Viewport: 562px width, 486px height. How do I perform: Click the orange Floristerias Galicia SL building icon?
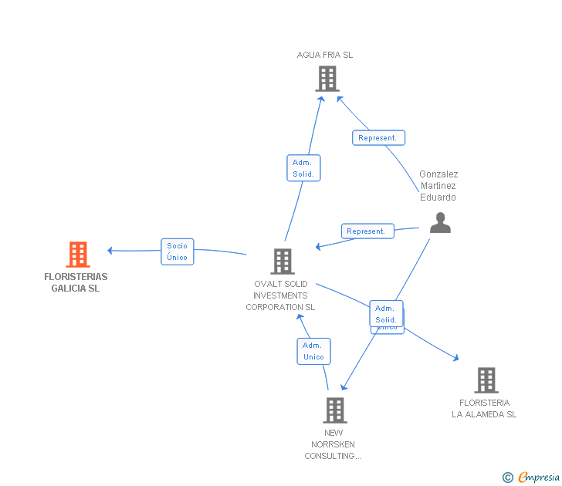(x=78, y=255)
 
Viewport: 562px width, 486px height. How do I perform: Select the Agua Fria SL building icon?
(x=327, y=79)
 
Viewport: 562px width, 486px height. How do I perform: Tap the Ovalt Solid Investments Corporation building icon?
(x=283, y=262)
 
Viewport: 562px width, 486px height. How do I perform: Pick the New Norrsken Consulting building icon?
(x=335, y=410)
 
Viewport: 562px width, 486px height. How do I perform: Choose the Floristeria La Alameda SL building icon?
(x=486, y=380)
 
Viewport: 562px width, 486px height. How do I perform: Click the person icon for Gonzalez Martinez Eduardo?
(x=440, y=223)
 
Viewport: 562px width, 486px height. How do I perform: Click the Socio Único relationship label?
(x=177, y=251)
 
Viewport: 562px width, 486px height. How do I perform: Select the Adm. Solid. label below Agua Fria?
(x=303, y=168)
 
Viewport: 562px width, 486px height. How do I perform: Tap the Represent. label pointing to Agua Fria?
(x=378, y=138)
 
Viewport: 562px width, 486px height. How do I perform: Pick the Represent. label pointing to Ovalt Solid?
(x=367, y=231)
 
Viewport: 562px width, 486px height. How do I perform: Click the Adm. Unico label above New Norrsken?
(x=313, y=351)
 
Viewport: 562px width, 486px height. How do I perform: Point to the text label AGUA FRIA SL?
(x=325, y=55)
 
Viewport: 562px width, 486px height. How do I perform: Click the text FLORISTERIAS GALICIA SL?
(x=76, y=282)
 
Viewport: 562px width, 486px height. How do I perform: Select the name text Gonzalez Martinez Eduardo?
(x=438, y=186)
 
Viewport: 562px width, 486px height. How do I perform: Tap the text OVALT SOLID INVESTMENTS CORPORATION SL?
(x=280, y=295)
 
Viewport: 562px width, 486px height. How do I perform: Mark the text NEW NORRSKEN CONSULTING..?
(x=333, y=444)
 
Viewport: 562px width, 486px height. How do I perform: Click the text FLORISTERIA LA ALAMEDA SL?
(x=484, y=409)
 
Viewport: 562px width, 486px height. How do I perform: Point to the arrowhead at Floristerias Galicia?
(x=110, y=250)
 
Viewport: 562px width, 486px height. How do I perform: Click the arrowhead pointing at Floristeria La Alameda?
(x=456, y=358)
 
